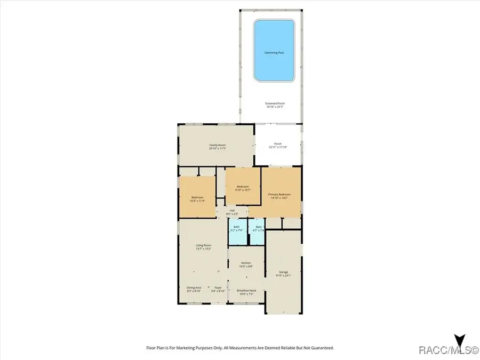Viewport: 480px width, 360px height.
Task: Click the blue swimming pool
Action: (275, 51)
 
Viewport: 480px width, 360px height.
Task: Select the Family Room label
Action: (216, 146)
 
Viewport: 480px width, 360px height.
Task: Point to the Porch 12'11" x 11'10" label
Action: (277, 146)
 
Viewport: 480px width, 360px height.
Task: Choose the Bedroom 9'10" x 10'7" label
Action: (243, 188)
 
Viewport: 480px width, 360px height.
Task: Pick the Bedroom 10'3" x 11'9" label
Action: (197, 199)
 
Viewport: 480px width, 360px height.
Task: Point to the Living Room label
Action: (204, 247)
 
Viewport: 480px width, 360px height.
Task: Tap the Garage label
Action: (283, 274)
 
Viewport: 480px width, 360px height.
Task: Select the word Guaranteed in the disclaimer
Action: (321, 348)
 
